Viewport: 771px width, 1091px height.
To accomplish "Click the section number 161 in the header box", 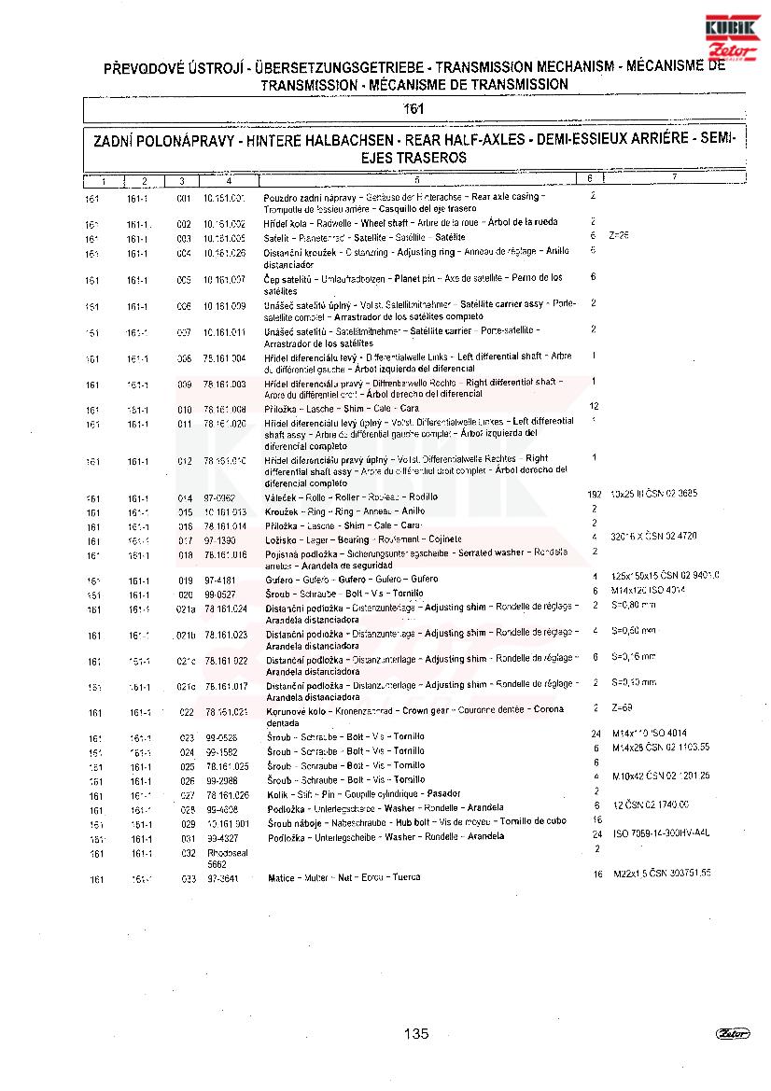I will pos(414,109).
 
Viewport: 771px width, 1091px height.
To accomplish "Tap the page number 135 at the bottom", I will pos(416,1033).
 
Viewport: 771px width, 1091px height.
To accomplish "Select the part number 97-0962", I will pos(219,497).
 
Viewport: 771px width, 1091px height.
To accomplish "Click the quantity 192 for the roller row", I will pos(594,493).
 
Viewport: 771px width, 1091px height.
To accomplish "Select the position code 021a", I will pos(187,609).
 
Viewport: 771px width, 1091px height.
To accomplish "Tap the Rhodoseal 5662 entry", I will pos(223,859).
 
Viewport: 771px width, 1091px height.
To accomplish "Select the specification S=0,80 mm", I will pos(634,605).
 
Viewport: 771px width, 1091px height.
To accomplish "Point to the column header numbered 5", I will pos(416,179).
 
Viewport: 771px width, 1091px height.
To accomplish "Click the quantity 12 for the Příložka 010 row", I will pos(594,407).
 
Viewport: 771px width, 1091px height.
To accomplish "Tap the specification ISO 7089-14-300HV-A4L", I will pos(661,833).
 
